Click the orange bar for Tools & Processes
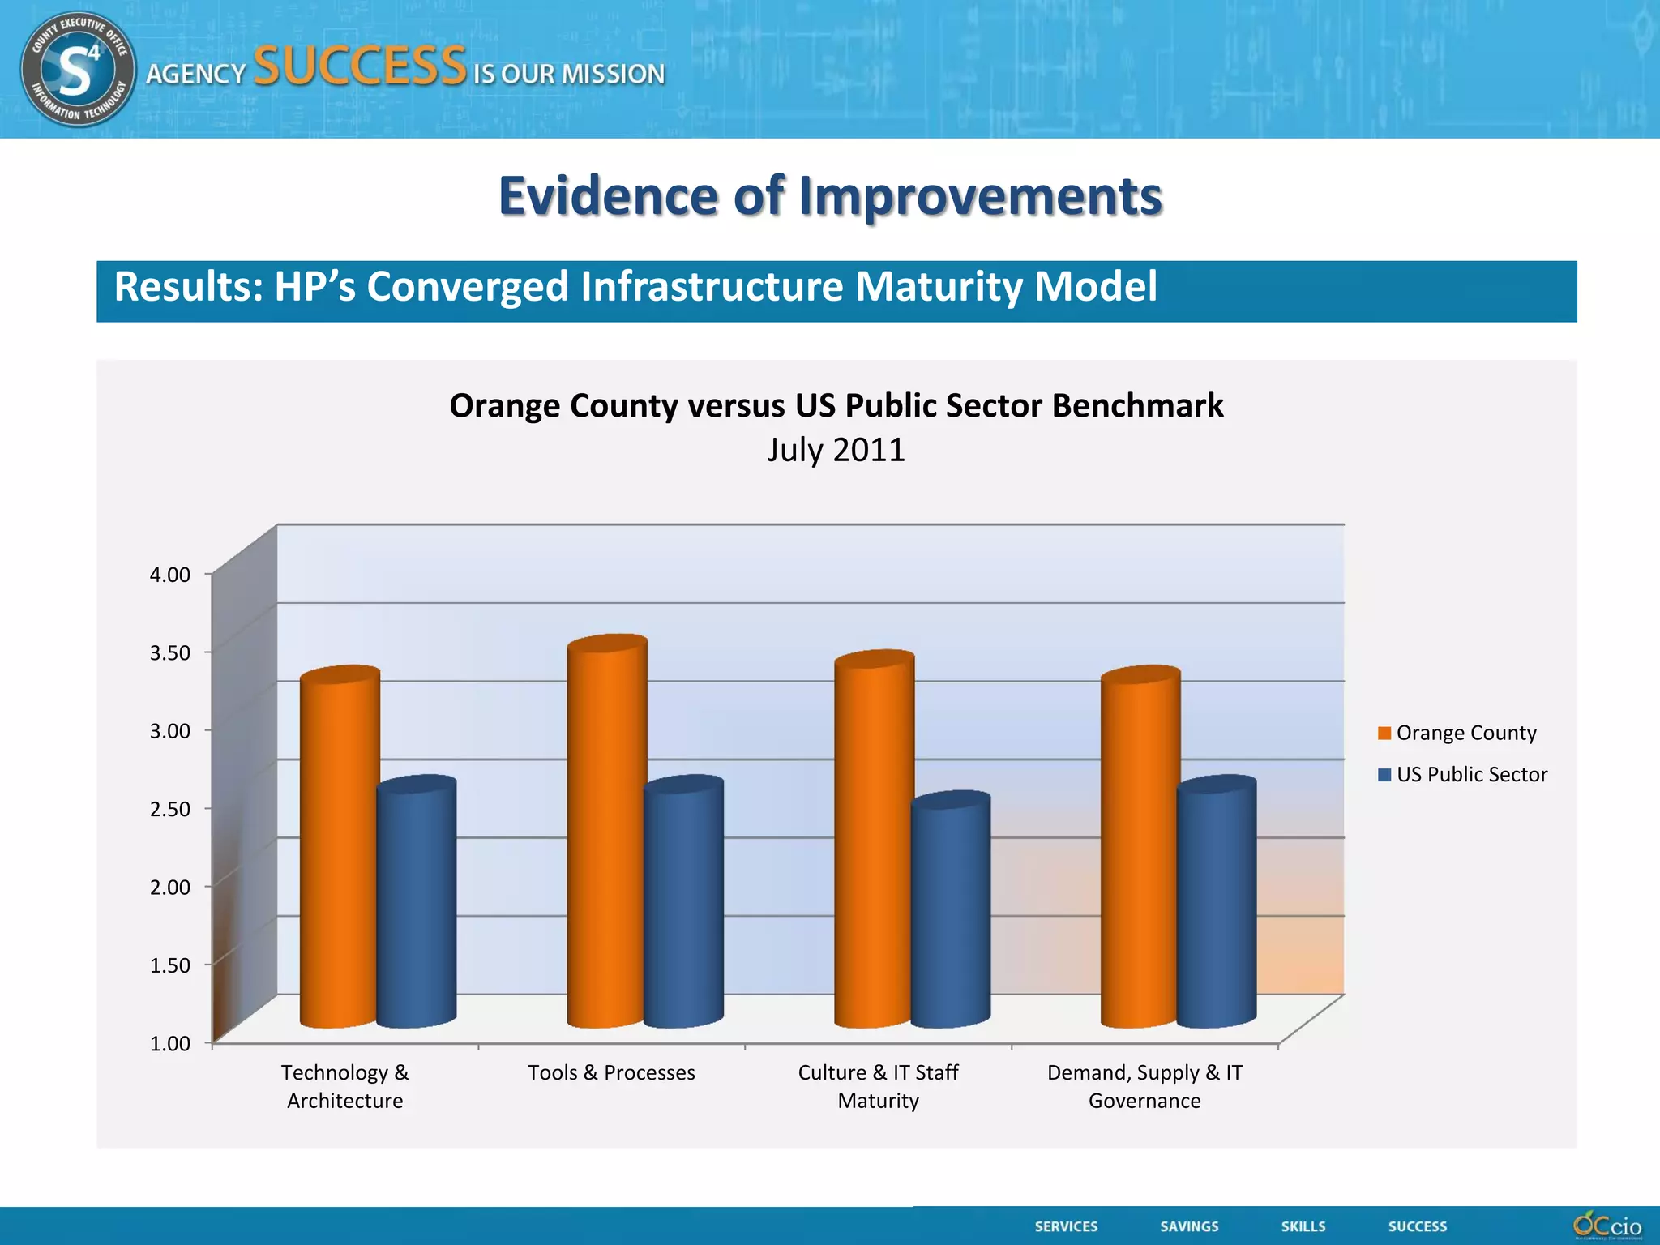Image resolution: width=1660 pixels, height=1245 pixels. pyautogui.click(x=606, y=835)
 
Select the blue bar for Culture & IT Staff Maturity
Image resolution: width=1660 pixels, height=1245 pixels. pyautogui.click(x=950, y=912)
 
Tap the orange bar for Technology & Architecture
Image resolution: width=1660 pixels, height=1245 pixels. pyautogui.click(x=339, y=851)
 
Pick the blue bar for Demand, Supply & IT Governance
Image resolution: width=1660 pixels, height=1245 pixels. pyautogui.click(x=1216, y=904)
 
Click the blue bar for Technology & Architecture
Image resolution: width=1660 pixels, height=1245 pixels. pyautogui.click(x=416, y=904)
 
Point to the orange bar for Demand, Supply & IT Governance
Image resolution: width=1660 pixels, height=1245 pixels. pyautogui.click(x=1139, y=851)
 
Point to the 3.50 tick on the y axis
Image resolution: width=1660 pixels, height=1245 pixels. pyautogui.click(x=170, y=652)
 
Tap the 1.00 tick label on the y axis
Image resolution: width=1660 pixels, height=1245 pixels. pyautogui.click(x=170, y=1043)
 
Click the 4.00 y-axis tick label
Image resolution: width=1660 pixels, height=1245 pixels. pyautogui.click(x=170, y=575)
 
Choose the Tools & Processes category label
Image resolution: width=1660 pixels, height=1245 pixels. pyautogui.click(x=611, y=1072)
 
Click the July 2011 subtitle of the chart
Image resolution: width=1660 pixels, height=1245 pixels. pyautogui.click(x=836, y=450)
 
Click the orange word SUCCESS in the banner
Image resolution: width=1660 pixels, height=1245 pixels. pyautogui.click(x=360, y=66)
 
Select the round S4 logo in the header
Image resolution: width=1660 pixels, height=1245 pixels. pyautogui.click(x=78, y=69)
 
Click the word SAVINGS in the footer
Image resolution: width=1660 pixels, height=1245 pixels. pyautogui.click(x=1189, y=1226)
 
